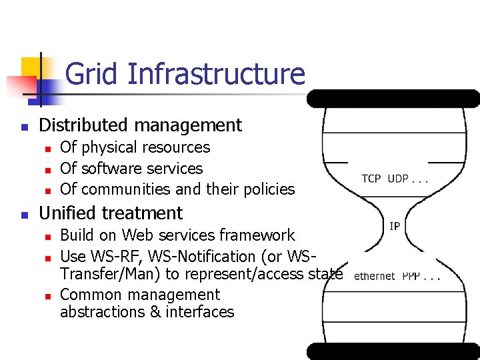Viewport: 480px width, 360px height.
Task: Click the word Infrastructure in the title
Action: [x=215, y=74]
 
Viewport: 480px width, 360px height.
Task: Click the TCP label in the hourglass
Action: [x=371, y=179]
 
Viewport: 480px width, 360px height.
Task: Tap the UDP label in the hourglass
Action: [x=399, y=179]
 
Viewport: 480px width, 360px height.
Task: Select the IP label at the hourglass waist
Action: [x=395, y=227]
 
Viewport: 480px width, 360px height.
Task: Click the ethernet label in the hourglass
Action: [x=375, y=276]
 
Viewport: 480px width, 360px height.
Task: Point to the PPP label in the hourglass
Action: [x=411, y=276]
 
